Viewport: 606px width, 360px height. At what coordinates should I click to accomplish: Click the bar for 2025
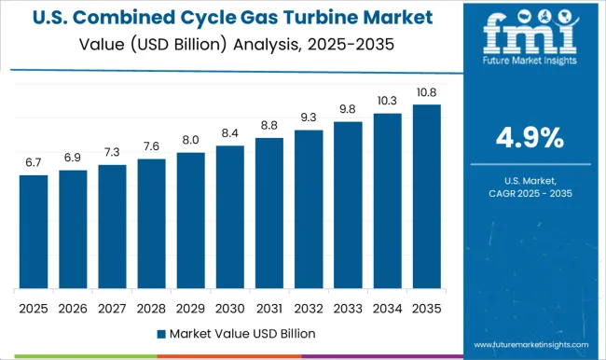(34, 231)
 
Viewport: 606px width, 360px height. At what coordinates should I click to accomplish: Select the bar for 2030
(229, 216)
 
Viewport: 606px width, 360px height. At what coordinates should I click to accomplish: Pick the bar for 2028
(151, 223)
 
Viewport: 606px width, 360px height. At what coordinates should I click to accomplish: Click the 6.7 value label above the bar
(34, 163)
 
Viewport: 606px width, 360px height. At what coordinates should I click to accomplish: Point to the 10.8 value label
(425, 92)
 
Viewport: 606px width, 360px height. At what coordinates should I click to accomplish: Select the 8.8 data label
(269, 126)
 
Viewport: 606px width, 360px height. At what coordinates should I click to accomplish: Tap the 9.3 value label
(308, 118)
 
